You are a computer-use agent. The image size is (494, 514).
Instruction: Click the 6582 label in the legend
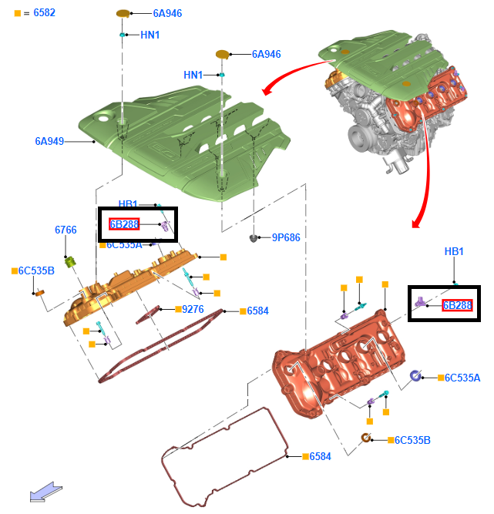[44, 13]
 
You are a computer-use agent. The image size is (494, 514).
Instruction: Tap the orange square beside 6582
[18, 14]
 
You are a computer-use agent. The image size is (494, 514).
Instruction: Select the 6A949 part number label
[49, 141]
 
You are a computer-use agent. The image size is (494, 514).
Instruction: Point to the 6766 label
[66, 230]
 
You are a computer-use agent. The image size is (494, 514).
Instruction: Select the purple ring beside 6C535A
[415, 376]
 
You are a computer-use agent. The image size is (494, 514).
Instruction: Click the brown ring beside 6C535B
[368, 439]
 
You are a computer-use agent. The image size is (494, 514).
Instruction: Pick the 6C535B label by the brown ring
[412, 440]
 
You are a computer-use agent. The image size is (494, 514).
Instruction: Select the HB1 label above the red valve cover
[454, 252]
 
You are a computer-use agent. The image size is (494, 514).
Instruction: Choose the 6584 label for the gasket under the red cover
[321, 456]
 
